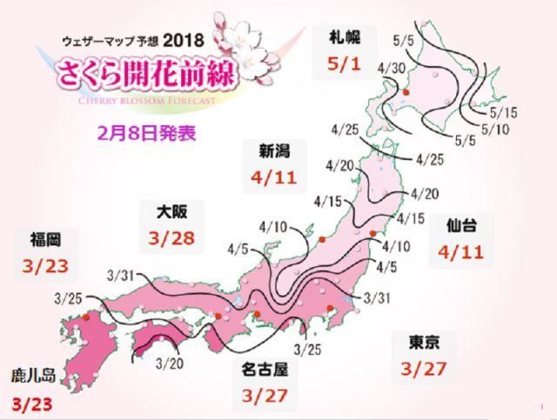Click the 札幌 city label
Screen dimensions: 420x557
pos(340,36)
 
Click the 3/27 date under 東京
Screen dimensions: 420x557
pos(424,370)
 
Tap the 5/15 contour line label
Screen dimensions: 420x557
pos(505,111)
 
